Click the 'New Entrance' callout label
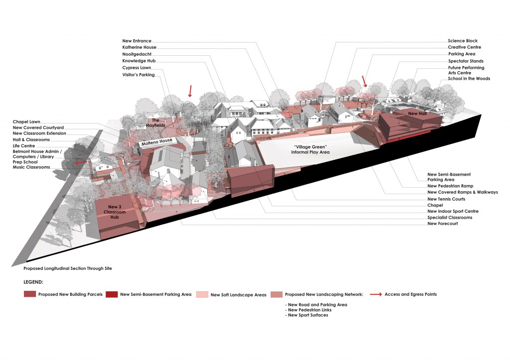click(x=137, y=41)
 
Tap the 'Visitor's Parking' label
click(x=138, y=75)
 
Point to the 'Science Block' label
click(x=463, y=41)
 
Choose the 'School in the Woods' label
click(x=469, y=79)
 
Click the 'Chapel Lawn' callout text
click(x=26, y=121)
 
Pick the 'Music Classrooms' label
click(x=31, y=167)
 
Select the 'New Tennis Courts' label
click(x=446, y=199)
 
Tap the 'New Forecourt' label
click(x=442, y=224)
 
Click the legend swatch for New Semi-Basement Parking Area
click(x=113, y=294)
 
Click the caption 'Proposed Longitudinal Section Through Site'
click(x=68, y=268)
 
